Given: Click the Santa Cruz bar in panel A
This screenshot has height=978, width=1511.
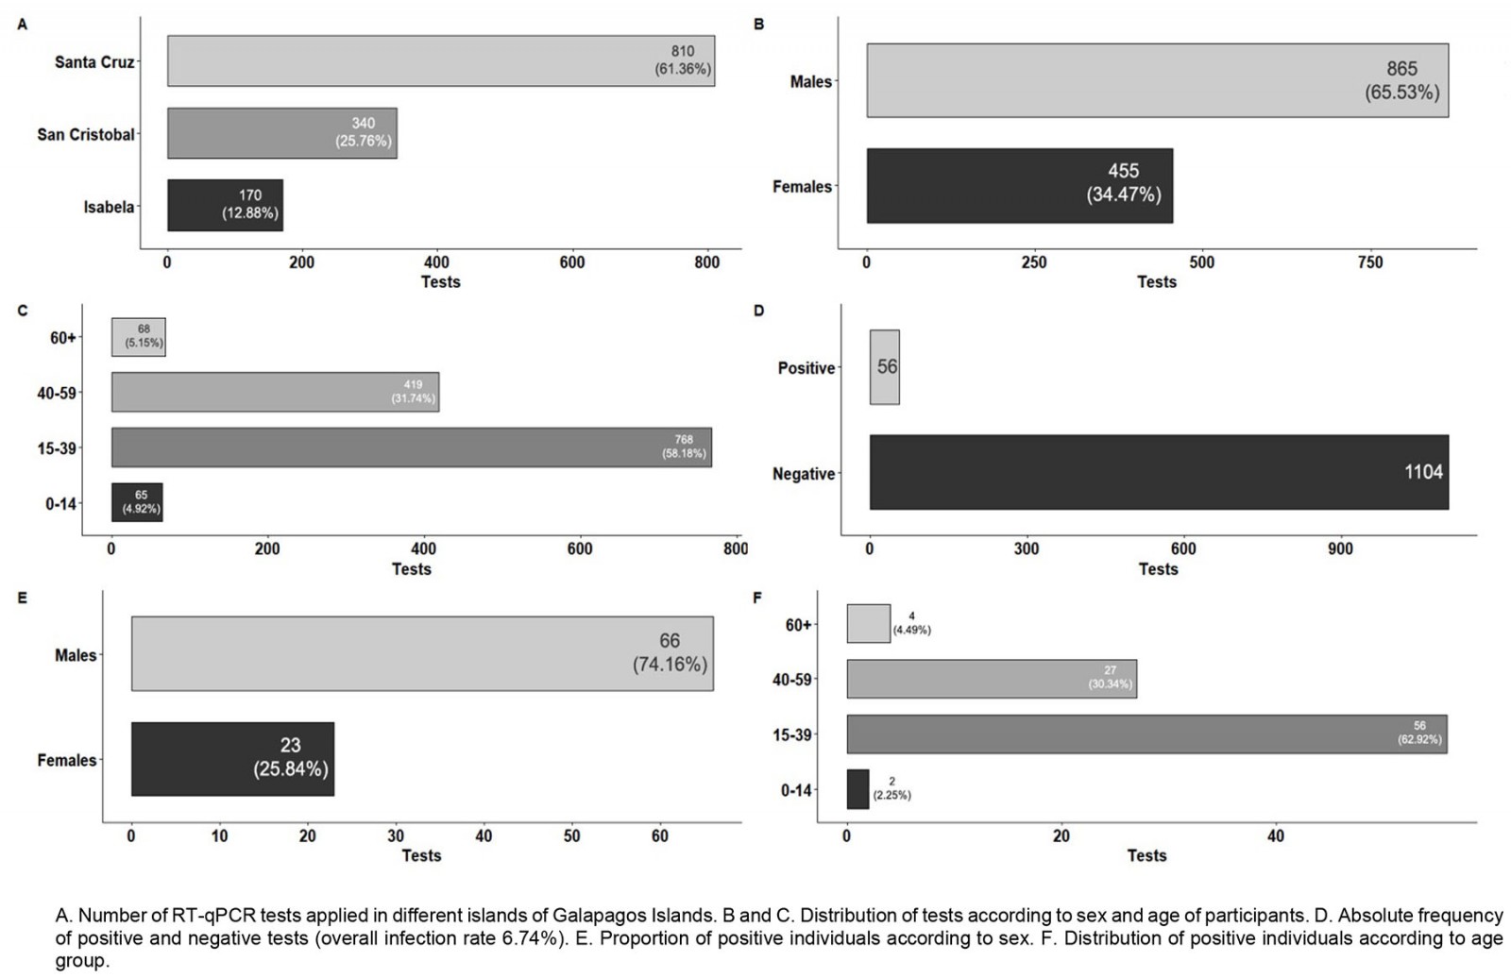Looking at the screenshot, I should (441, 61).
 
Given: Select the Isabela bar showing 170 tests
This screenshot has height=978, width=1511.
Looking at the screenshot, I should (225, 205).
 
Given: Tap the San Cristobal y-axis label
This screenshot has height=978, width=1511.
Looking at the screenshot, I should (86, 134).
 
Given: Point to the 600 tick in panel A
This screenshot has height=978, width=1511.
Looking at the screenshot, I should (572, 262).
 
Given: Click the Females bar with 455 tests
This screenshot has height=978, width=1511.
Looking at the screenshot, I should (1020, 186).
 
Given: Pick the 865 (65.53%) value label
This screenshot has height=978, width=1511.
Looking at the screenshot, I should (1401, 80).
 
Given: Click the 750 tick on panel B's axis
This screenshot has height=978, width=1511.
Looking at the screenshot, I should (1369, 262).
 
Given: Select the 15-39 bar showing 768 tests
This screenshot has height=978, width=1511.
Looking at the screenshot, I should (412, 447).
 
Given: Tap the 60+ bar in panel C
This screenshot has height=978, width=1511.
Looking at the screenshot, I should (138, 337).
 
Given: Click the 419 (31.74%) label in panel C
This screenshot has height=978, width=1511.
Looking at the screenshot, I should (414, 392).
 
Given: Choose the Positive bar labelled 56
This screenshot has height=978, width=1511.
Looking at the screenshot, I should (885, 367).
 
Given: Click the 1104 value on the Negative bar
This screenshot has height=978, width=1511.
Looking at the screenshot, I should (1423, 472).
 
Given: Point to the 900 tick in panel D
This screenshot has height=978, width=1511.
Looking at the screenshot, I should (1339, 549).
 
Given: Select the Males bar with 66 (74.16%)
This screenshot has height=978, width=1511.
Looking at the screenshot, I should (422, 653).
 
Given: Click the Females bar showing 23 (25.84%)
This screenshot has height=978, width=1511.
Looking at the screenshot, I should (232, 759).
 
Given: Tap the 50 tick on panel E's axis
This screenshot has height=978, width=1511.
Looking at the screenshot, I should (571, 835).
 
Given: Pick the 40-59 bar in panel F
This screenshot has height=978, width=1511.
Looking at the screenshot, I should (992, 679).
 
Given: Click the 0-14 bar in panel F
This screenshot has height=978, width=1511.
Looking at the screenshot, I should (857, 789).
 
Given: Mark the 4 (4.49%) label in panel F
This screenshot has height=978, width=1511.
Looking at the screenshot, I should (911, 623).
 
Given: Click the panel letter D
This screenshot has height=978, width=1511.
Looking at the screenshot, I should (759, 311).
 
